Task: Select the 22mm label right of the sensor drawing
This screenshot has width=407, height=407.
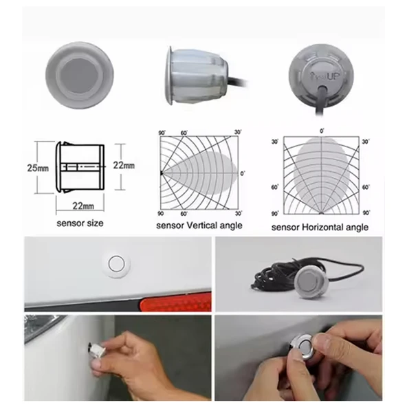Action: [x=124, y=166]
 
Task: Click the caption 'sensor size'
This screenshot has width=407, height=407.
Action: [x=80, y=223]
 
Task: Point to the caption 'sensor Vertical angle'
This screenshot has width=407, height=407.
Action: [x=199, y=225]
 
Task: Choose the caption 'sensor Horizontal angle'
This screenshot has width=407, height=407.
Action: [x=320, y=227]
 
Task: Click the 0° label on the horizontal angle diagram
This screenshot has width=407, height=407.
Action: [x=320, y=131]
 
